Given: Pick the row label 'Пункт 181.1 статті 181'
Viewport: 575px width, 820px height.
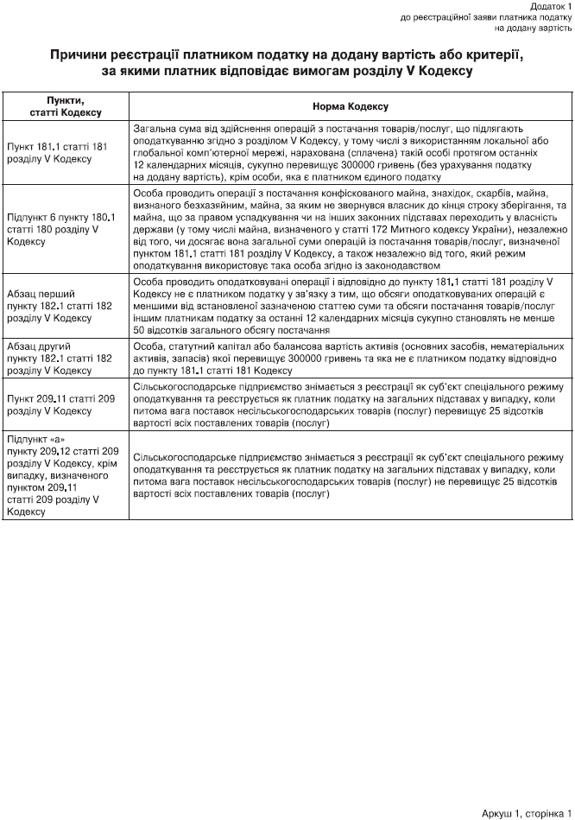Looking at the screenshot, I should pos(57,147).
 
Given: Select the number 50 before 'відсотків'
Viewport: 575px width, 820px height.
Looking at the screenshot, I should pos(140,330).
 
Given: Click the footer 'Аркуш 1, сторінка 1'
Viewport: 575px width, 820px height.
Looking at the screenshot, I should pos(527,813).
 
